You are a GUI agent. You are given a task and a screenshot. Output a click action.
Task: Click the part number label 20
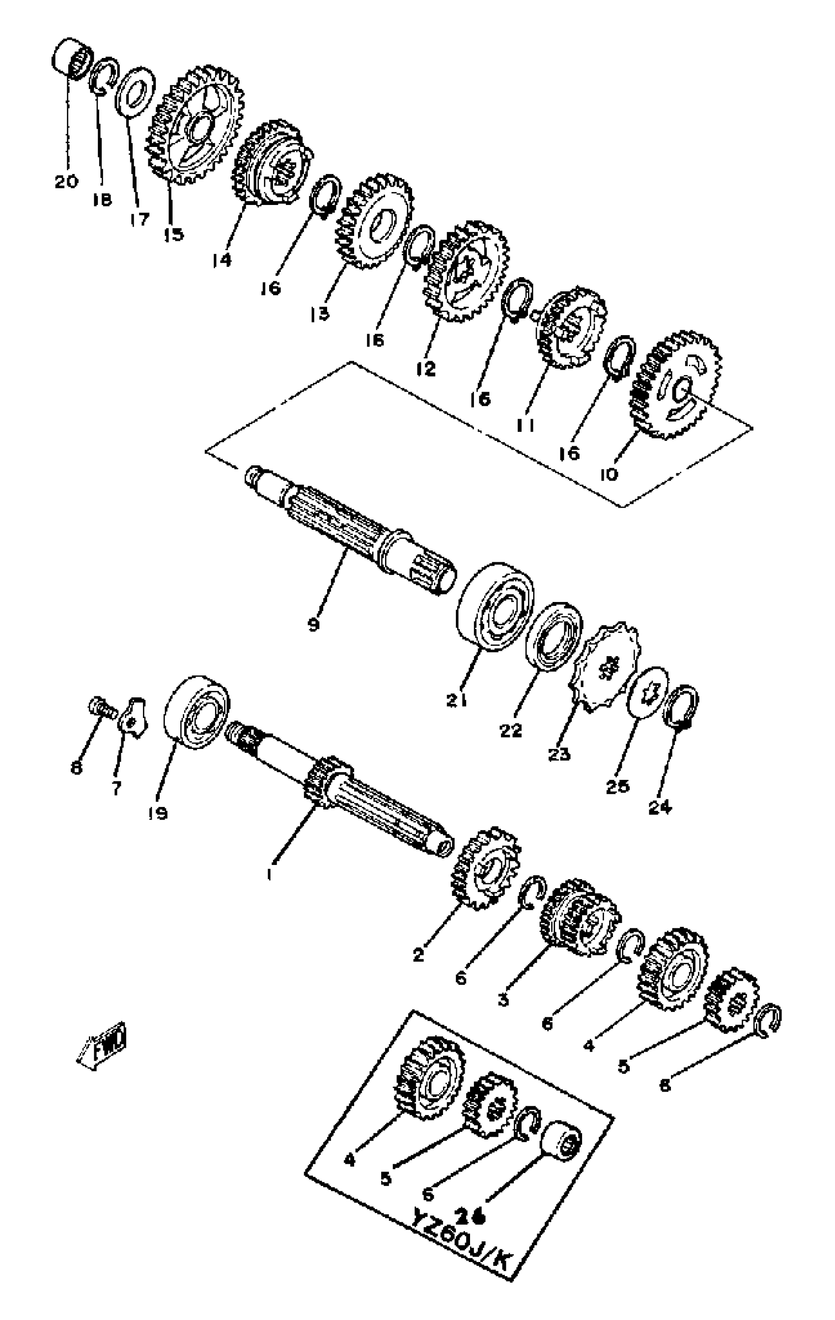66,181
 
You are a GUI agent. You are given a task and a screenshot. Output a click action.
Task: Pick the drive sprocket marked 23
606,666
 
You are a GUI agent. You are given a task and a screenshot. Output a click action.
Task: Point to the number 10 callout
609,473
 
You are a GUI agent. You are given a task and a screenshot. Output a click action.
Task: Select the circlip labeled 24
680,708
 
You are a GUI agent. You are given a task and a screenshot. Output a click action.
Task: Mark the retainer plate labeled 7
133,717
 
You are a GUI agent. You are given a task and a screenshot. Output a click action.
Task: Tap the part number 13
319,314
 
